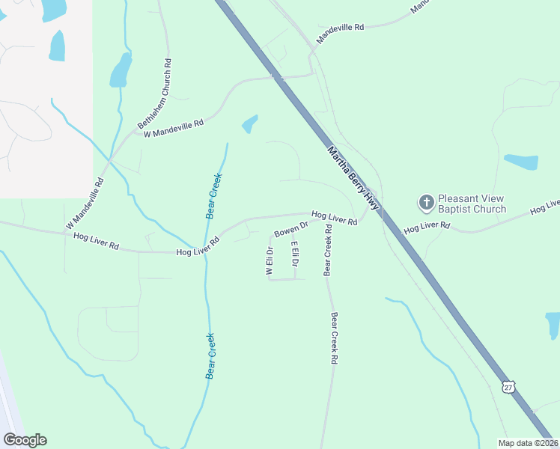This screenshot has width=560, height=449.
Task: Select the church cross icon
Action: pyautogui.click(x=426, y=202)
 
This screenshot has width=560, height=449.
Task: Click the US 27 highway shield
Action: pyautogui.click(x=509, y=387)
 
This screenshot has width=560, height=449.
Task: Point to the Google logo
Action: pyautogui.click(x=25, y=440)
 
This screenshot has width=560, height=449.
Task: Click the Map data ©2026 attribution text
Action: pyautogui.click(x=528, y=443)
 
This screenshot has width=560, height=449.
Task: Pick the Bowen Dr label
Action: pyautogui.click(x=291, y=229)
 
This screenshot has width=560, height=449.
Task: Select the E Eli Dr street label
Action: pyautogui.click(x=295, y=254)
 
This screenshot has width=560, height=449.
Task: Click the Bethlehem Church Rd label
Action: pyautogui.click(x=155, y=94)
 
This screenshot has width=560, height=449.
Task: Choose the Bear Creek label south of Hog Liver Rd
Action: pyautogui.click(x=212, y=355)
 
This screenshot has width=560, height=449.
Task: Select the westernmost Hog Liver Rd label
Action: pyautogui.click(x=97, y=241)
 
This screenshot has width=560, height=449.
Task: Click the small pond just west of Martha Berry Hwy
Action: pyautogui.click(x=250, y=123)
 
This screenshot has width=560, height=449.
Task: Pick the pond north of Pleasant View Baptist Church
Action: pyautogui.click(x=521, y=162)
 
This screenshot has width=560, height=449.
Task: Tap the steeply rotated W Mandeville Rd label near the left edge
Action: pyautogui.click(x=84, y=204)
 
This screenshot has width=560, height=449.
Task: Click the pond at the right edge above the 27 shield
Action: pyautogui.click(x=554, y=325)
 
